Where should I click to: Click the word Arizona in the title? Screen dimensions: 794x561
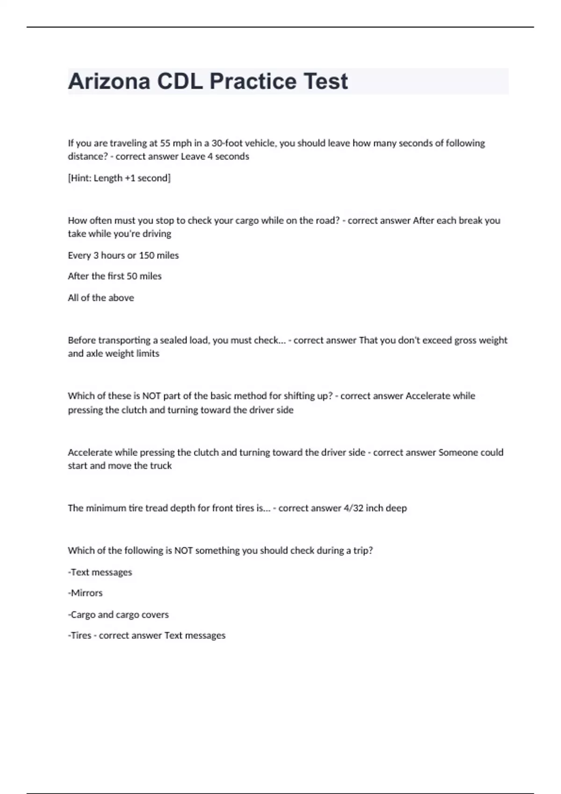(x=109, y=81)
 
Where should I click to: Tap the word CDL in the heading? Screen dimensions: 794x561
(x=180, y=81)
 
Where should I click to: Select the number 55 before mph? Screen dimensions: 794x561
(x=165, y=143)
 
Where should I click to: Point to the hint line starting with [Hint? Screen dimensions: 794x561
(x=119, y=178)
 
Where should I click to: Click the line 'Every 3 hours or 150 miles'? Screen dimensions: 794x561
(x=123, y=255)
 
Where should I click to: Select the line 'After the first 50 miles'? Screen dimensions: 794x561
(x=115, y=276)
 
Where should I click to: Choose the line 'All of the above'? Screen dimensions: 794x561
(x=101, y=298)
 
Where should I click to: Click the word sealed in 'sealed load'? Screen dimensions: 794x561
(x=173, y=340)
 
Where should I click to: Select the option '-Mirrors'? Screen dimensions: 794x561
(x=85, y=593)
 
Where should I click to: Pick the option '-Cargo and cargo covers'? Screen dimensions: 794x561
(x=118, y=615)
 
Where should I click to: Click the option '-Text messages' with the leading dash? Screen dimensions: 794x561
(x=100, y=572)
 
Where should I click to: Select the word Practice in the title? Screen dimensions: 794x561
(x=253, y=81)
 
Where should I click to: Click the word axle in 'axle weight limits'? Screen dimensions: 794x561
(x=93, y=354)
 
